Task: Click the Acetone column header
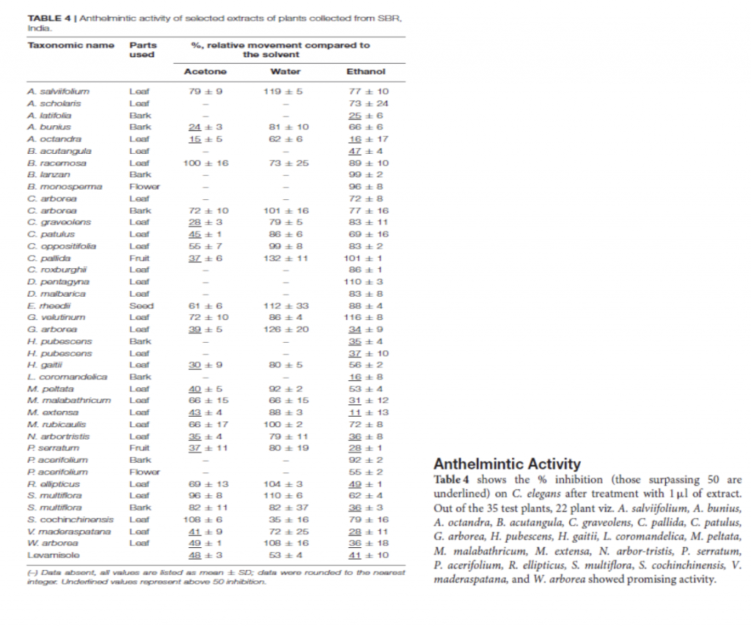point(205,71)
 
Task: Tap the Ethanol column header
point(366,71)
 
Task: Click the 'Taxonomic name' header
point(70,45)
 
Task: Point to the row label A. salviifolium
point(59,92)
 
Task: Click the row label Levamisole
point(50,555)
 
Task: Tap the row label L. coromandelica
point(67,376)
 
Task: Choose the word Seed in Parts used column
point(141,305)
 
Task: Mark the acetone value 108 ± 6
point(205,519)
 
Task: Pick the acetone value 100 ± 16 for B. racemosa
point(205,163)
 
